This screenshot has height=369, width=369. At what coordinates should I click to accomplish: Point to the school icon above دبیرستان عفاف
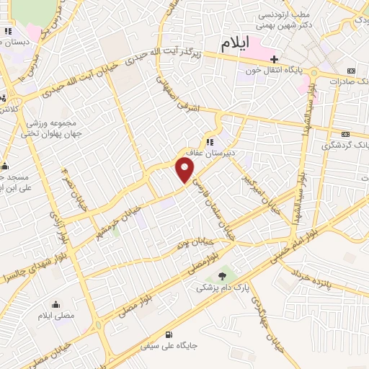pos(210,142)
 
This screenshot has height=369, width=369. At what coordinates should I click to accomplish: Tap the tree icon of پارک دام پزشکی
pos(222,275)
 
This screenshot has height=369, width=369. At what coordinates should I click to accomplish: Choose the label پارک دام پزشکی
pos(223,287)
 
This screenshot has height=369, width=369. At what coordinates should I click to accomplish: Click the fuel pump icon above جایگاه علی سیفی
pos(169,334)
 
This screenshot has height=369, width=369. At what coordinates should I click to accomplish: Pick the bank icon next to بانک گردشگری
pos(345,134)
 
